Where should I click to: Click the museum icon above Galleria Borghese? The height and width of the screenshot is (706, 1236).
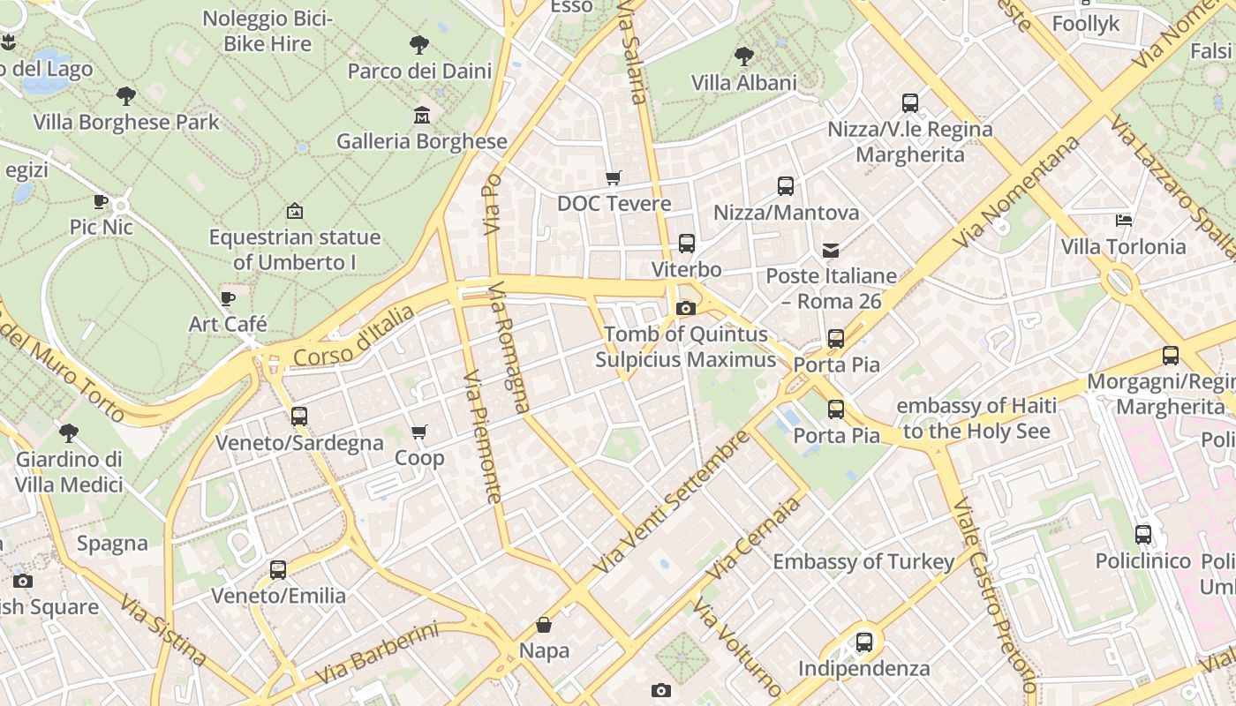pos(422,115)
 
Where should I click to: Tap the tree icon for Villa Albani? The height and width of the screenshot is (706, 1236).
pos(744,56)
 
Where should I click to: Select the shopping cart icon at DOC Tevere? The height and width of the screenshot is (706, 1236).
pos(614,177)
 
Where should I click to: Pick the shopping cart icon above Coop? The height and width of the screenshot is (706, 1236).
pos(419,432)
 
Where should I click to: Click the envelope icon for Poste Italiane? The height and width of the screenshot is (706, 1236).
pos(831,250)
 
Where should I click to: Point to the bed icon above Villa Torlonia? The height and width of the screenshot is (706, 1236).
pos(1124,220)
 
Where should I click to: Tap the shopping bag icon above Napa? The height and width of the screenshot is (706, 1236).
pos(544,625)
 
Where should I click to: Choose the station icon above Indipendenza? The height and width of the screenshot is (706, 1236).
pos(864,642)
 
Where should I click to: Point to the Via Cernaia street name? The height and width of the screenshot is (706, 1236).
pos(753,537)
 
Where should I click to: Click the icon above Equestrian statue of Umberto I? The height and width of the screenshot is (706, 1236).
pos(295,211)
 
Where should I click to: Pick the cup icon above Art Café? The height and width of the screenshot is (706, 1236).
pos(228,298)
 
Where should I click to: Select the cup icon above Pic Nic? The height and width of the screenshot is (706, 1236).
pos(101,201)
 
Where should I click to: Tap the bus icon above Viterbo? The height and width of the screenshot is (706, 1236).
pos(687,243)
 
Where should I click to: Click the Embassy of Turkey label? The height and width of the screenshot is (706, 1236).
pos(863,561)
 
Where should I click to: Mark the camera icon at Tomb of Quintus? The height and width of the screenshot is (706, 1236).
pos(685,308)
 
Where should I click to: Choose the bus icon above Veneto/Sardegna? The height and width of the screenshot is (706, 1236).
pos(299,416)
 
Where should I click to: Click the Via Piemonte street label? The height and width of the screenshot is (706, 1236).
pos(482,436)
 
